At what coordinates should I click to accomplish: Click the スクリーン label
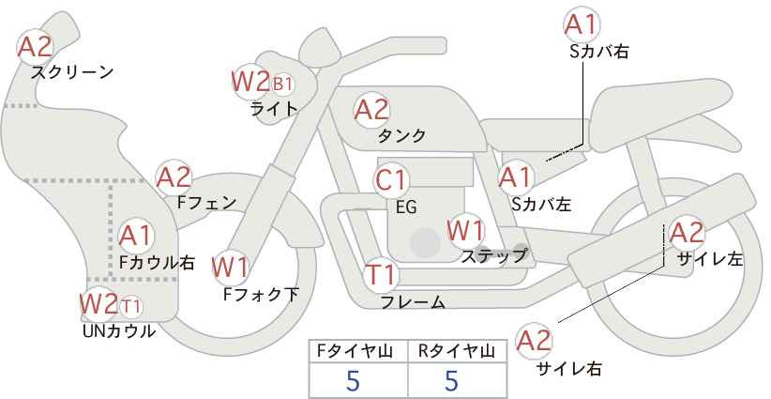point(71,72)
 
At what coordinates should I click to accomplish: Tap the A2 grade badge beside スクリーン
point(36,45)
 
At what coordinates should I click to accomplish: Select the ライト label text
point(274,108)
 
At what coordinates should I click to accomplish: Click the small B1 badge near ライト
point(282,84)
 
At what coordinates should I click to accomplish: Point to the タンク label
point(401,135)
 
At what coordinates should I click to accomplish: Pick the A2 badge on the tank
point(371,109)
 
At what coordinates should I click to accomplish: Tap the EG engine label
point(406,206)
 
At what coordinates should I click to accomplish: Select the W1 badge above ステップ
point(465,229)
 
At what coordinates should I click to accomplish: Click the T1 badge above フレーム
point(382,276)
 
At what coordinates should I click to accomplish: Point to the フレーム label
point(412,302)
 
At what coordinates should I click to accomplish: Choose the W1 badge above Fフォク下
point(230,268)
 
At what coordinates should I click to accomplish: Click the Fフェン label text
point(206,201)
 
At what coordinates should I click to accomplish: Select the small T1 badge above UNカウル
point(131,305)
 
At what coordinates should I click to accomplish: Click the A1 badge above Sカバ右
point(582,23)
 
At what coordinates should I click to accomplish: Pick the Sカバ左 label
point(541,202)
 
